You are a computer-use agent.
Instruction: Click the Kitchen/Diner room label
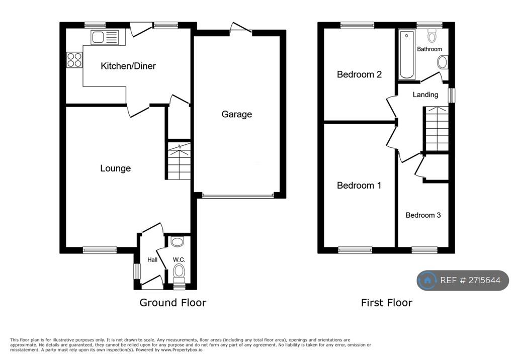[x=128, y=66]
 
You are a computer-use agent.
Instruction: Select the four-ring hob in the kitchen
[x=74, y=60]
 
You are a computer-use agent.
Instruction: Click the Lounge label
[x=115, y=168]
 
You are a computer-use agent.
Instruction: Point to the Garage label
[x=236, y=114]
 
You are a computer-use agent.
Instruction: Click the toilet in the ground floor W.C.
[x=179, y=275]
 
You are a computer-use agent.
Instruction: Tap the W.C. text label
[x=179, y=259]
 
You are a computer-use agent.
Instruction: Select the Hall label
[x=152, y=259]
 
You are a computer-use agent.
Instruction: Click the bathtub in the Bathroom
[x=406, y=55]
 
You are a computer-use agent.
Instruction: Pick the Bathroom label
[x=430, y=49]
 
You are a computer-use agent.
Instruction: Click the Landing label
[x=425, y=95]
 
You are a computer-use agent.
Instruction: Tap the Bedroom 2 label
[x=359, y=74]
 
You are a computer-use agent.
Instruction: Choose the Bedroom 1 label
[x=359, y=186]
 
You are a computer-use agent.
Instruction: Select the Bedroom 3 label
[x=423, y=215]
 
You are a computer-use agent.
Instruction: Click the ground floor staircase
[x=179, y=161]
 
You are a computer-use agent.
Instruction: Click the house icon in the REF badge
[x=427, y=281]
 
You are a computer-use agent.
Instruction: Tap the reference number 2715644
[x=484, y=280]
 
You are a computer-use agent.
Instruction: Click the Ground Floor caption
[x=173, y=303]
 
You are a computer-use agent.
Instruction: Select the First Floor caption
[x=387, y=303]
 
